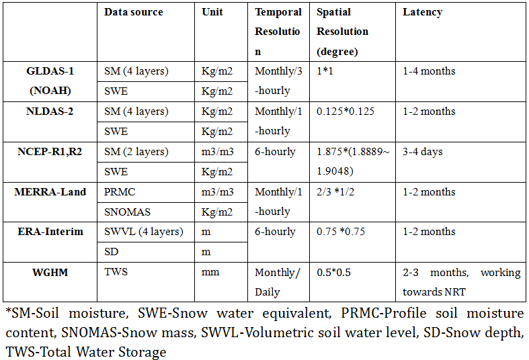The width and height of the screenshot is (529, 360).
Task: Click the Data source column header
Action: click(x=133, y=12)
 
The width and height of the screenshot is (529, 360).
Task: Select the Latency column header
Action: click(x=422, y=12)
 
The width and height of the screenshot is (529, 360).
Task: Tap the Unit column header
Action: click(x=212, y=12)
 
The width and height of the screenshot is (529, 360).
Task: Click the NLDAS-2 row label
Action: click(x=50, y=111)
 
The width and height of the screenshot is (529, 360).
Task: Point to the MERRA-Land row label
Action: click(x=50, y=192)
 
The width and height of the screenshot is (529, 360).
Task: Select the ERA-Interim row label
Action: click(x=50, y=232)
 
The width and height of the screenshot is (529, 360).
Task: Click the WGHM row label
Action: click(x=50, y=272)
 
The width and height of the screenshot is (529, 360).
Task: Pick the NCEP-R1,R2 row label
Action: click(x=50, y=152)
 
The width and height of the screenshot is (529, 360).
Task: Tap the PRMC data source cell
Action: click(x=120, y=192)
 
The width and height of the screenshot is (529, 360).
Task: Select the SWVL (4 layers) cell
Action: click(x=143, y=232)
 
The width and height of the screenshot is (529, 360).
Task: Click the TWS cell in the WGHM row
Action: click(x=114, y=272)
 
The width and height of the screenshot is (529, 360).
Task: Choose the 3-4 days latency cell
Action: click(x=423, y=152)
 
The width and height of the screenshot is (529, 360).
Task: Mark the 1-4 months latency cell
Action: click(x=429, y=71)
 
